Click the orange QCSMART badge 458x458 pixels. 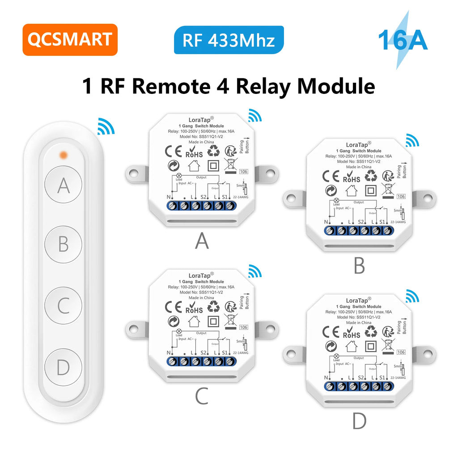click(x=70, y=39)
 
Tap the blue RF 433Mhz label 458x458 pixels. click(x=229, y=40)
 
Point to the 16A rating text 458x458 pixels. click(x=403, y=40)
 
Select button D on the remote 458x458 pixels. click(x=64, y=368)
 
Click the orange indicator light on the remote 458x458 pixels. click(x=64, y=155)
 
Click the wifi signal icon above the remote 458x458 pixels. click(x=106, y=126)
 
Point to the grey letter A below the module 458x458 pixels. click(x=202, y=241)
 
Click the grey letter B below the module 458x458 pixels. click(x=359, y=266)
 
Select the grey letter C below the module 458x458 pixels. click(x=202, y=396)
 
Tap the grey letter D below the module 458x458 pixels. click(x=359, y=420)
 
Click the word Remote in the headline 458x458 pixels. click(x=177, y=86)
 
